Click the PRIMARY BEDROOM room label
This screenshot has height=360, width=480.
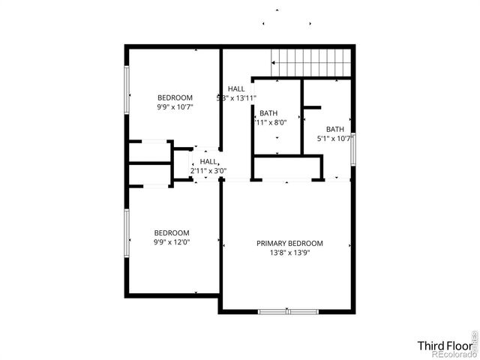coord(289,243)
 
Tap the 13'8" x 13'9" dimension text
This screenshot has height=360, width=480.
coord(289,253)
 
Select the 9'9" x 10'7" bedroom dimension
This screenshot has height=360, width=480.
coord(175,107)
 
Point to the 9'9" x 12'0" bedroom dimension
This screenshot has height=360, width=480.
coord(172,242)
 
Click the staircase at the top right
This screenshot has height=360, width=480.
coord(311,61)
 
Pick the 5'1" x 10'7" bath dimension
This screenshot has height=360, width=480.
coord(334,138)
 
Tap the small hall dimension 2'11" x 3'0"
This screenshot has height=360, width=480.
coord(208,171)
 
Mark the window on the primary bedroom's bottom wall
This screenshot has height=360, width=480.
coord(288,311)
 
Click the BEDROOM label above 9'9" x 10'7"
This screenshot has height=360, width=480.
coord(175,97)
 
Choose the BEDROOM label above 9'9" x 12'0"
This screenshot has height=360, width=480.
coord(172,232)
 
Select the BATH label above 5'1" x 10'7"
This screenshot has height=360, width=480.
coord(334,128)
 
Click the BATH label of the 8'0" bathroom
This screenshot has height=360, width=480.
coord(268,112)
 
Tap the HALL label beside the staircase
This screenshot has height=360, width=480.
coord(236,88)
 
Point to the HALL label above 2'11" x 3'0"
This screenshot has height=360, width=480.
coord(208,161)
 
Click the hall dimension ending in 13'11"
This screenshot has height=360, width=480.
coord(237,97)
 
